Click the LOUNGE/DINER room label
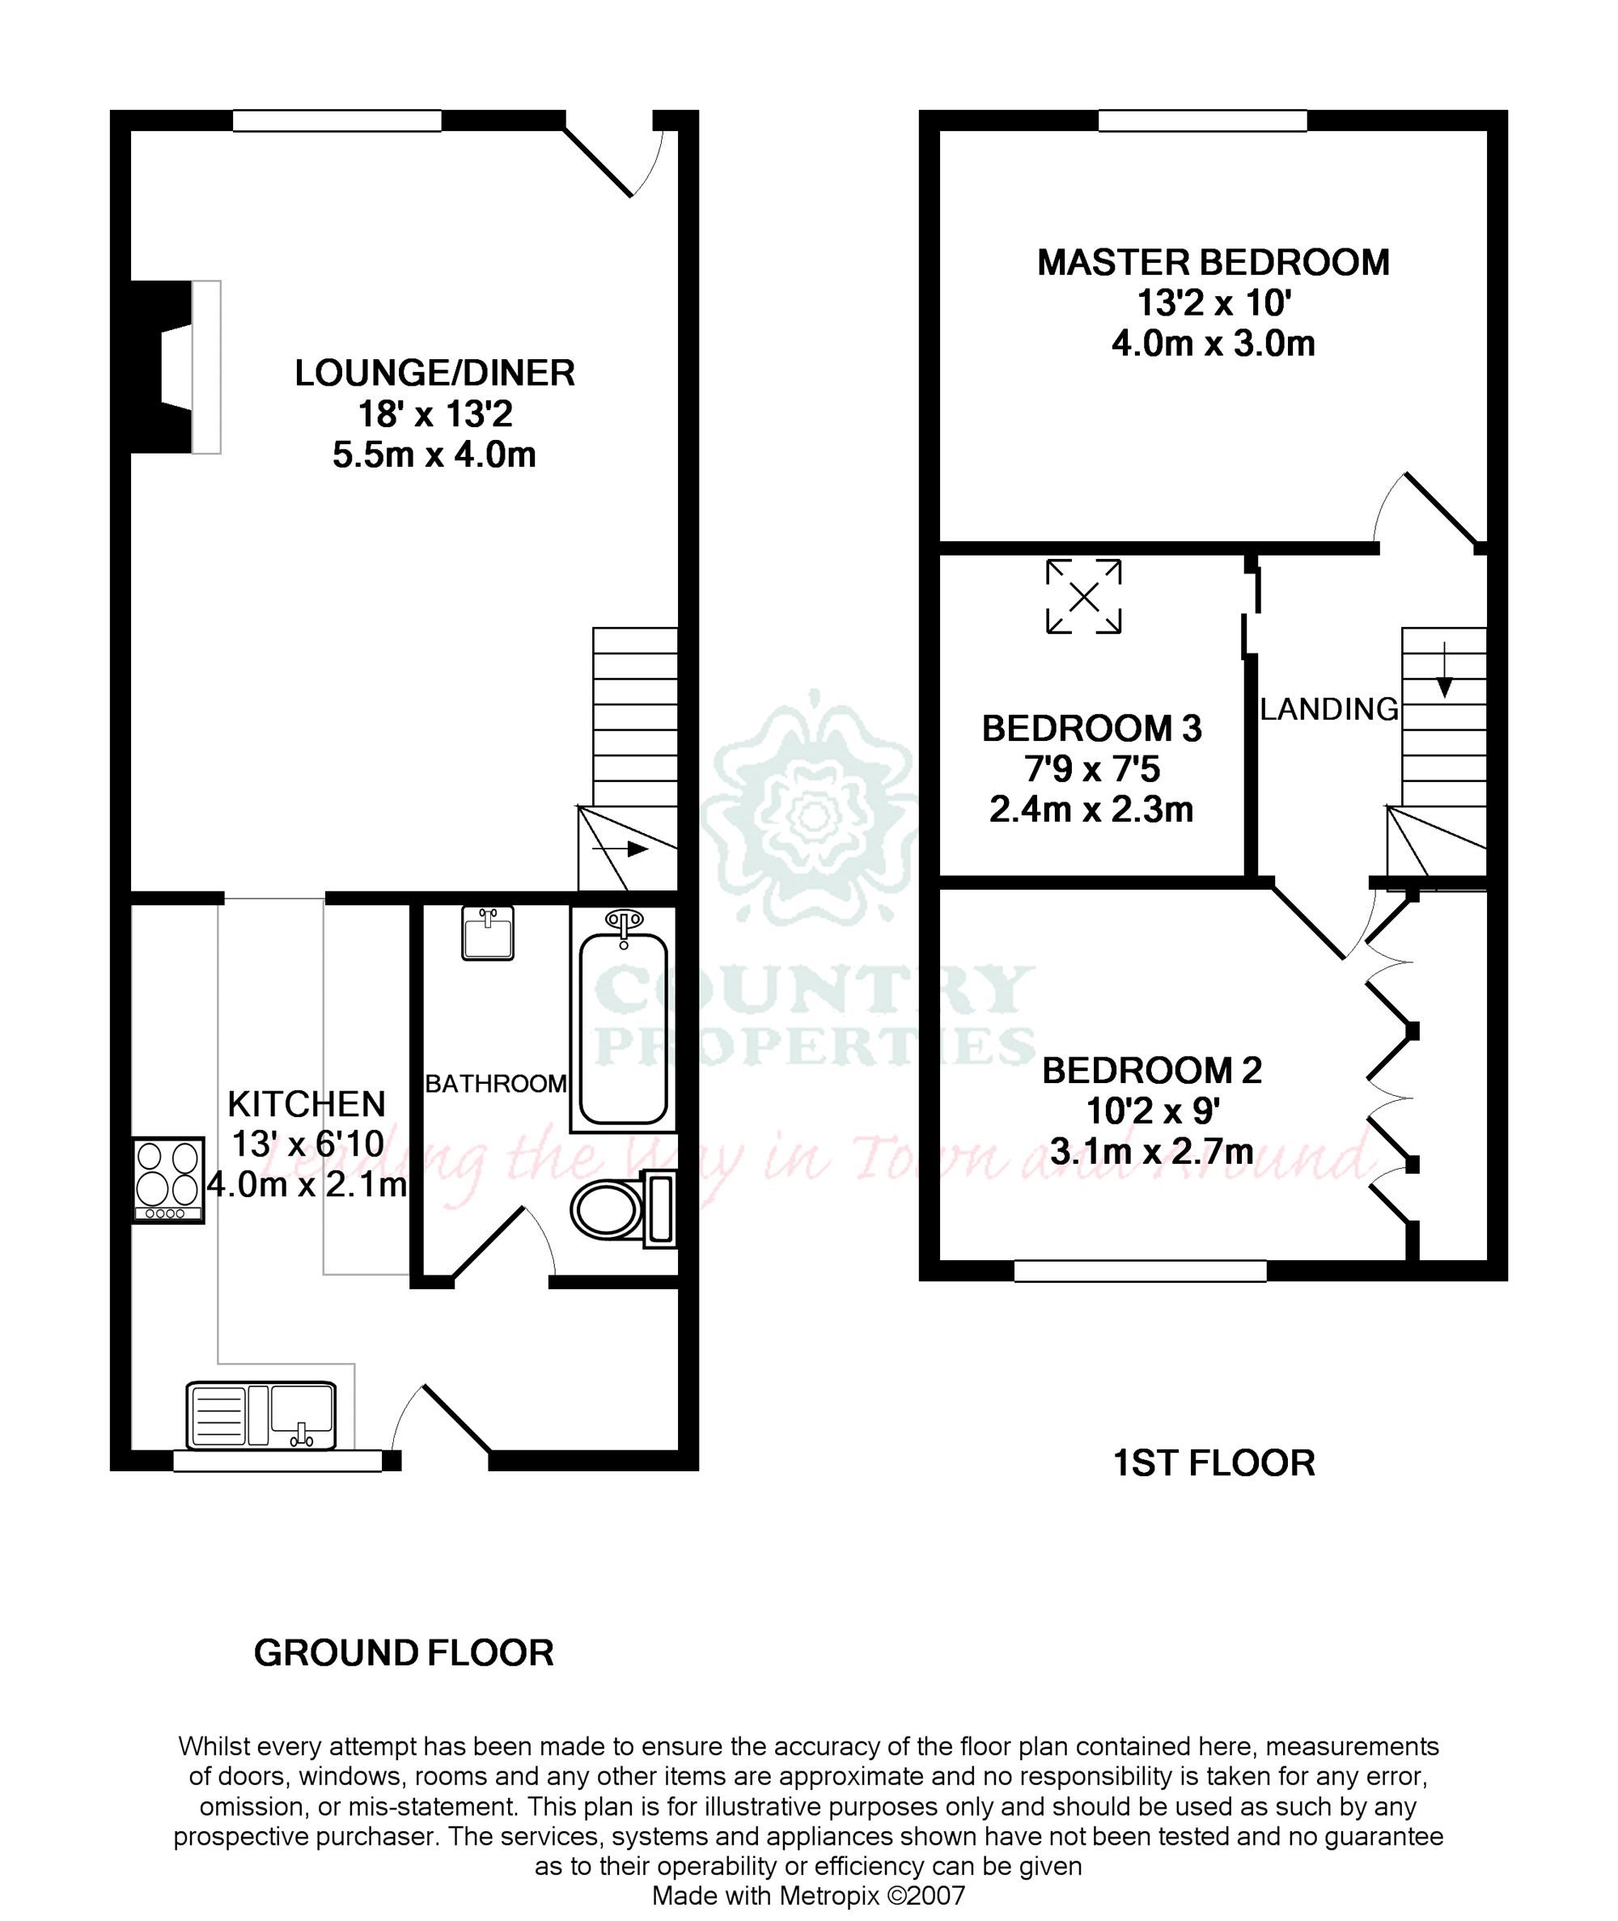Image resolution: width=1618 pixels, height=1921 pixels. tap(434, 373)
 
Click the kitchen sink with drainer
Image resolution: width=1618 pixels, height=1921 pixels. tap(260, 1415)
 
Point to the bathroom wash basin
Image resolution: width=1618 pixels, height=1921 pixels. tap(487, 933)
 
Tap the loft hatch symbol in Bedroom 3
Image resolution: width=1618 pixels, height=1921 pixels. tap(1083, 597)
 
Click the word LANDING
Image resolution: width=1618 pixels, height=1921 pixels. tap(1328, 709)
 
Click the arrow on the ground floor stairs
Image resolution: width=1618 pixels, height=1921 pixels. tap(621, 849)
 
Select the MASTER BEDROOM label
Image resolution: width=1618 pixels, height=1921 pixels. tap(1213, 263)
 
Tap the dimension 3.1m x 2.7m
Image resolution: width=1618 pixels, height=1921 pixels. tap(1151, 1152)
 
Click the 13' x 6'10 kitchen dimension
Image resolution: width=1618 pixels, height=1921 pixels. tap(307, 1145)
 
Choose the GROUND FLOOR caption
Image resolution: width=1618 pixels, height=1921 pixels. tap(404, 1653)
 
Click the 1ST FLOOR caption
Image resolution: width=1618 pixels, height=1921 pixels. tap(1213, 1463)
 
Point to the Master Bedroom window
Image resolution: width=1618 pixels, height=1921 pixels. tap(1202, 121)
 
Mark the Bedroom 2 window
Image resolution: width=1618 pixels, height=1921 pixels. tap(1140, 1271)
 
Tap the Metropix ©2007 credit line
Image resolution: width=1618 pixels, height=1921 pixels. tap(808, 1895)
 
